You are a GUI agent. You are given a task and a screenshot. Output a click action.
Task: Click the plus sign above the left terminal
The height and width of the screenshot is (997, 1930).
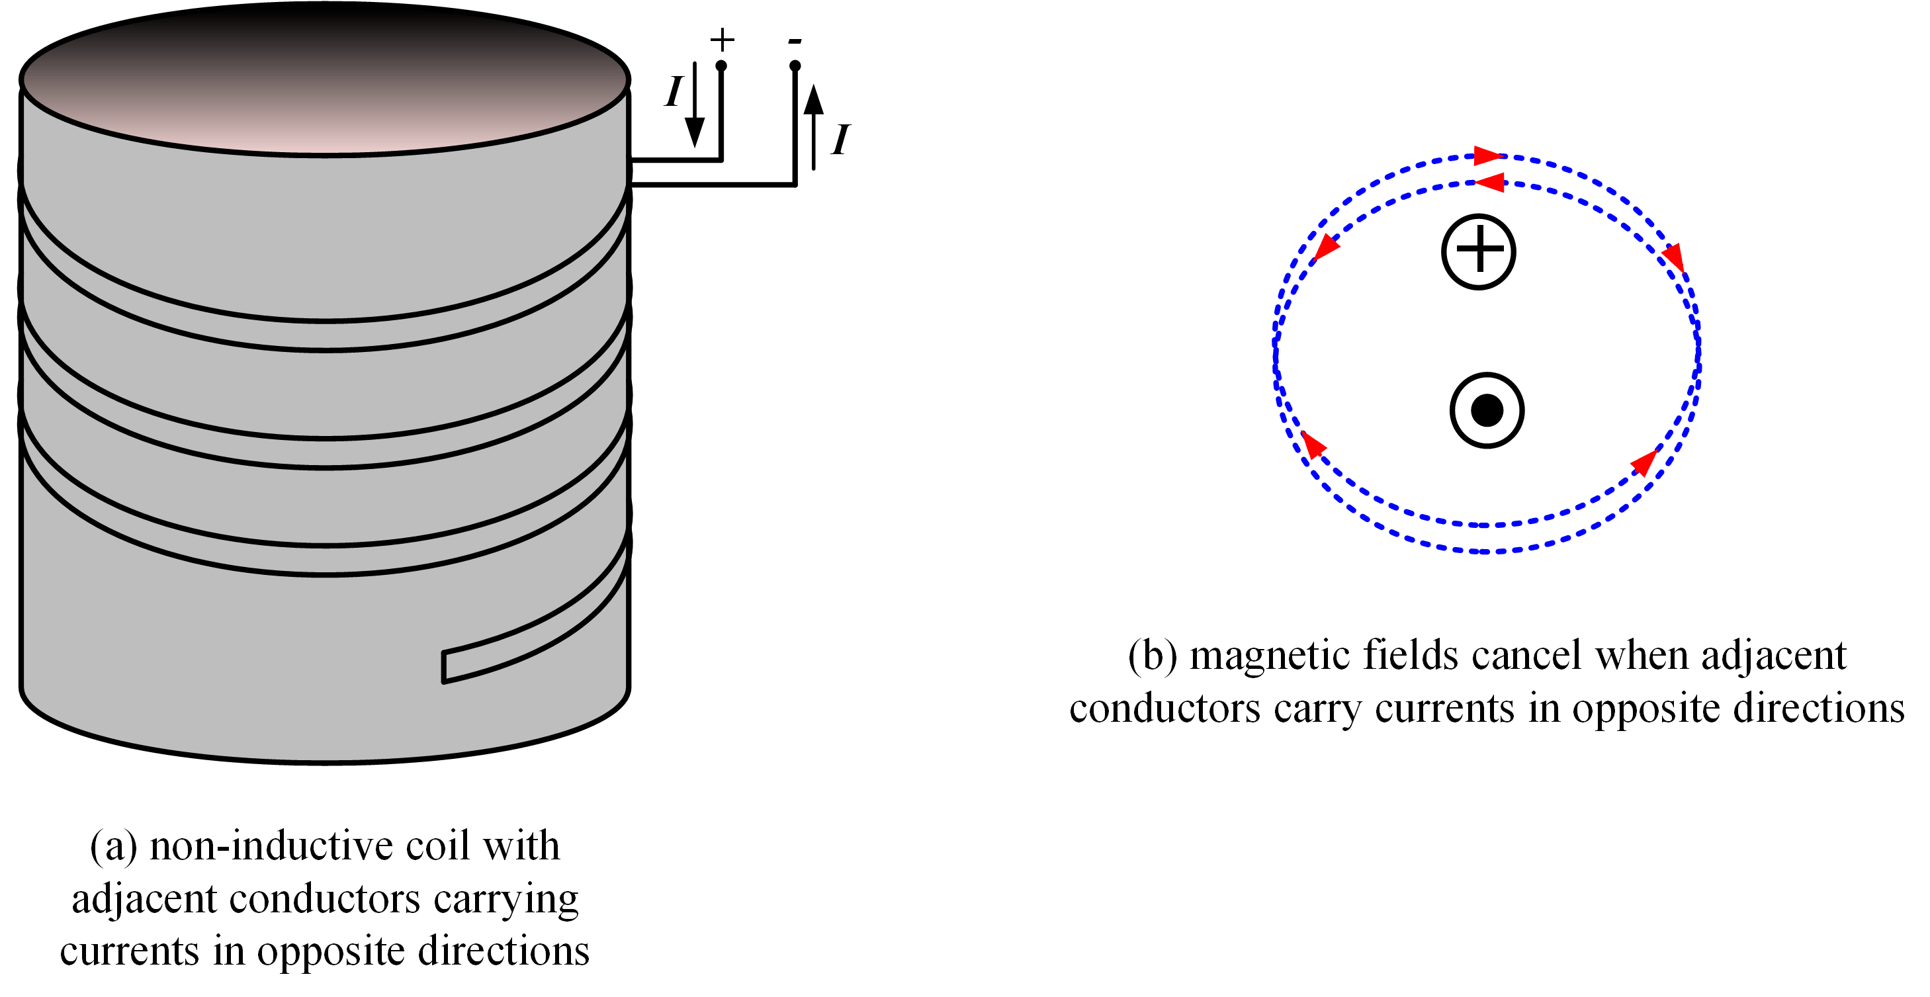coord(721,39)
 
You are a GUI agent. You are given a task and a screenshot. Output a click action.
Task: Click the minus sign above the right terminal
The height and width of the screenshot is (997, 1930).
coord(795,42)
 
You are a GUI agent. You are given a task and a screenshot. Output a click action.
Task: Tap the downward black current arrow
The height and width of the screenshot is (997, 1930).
coord(695,105)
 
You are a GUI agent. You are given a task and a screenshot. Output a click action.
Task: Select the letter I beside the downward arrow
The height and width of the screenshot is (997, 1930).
coord(674,92)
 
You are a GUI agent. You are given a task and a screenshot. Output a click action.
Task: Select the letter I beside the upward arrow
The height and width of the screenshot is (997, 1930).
coord(841,140)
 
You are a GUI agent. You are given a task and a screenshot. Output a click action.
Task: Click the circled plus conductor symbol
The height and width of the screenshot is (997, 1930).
coord(1478,251)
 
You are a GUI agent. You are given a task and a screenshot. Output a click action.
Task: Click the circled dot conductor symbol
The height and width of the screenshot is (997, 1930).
coord(1487,410)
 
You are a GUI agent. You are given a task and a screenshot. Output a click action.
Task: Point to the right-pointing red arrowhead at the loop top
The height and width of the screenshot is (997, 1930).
coord(1487,156)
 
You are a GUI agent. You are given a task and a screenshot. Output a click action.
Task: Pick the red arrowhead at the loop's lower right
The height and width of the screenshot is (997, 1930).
coord(1645,462)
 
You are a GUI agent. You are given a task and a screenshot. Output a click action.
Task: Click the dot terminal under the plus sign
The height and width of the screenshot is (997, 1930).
coord(721,66)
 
